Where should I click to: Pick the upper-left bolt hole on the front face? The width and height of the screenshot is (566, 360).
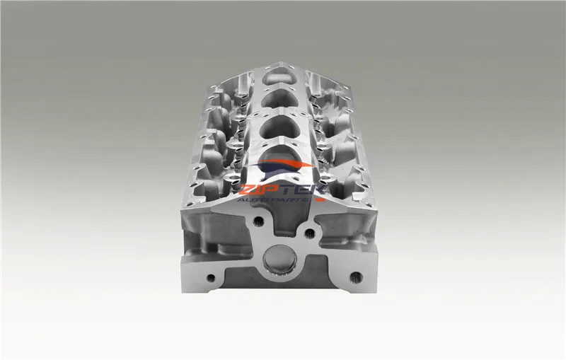point(258,221)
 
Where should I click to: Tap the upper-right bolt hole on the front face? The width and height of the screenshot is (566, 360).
point(310,232)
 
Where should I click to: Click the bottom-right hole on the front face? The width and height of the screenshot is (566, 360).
point(356,277)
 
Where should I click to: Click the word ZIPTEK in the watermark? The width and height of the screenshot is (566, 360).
point(279,190)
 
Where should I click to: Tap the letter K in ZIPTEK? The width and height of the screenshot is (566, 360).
point(315,190)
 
